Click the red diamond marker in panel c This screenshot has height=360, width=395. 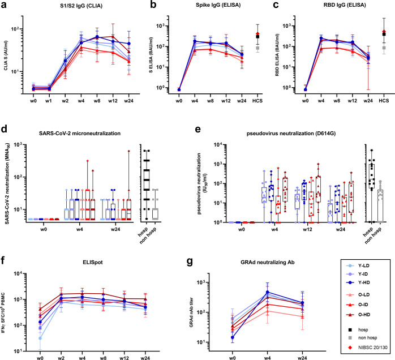(x=385, y=32)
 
